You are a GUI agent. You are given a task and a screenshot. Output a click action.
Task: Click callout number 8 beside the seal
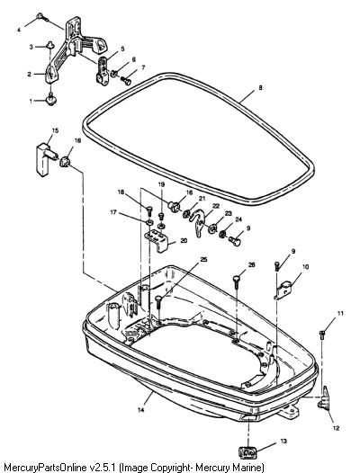(x=260, y=88)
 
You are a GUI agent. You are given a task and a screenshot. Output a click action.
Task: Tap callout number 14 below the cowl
(x=140, y=410)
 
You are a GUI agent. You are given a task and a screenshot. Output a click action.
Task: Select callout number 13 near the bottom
(x=283, y=441)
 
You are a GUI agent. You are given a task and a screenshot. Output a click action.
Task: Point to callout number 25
(x=204, y=259)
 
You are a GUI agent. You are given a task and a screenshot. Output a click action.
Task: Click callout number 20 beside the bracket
(x=184, y=240)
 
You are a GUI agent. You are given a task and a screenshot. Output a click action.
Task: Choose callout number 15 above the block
(x=55, y=130)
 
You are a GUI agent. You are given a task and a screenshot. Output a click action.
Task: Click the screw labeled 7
(x=125, y=80)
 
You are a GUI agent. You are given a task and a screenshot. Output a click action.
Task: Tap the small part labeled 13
(x=247, y=452)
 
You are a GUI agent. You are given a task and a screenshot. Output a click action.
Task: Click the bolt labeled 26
(x=237, y=281)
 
